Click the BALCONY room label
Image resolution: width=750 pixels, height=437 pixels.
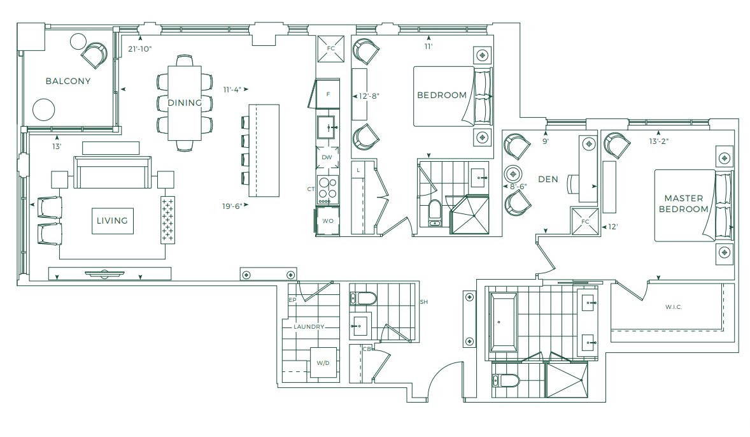point(68,81)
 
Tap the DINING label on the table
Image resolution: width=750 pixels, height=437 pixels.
point(185,103)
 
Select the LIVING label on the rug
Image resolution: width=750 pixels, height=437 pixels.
point(113,220)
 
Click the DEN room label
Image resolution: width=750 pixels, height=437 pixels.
point(548,179)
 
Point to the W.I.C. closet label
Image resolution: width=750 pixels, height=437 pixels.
point(674,307)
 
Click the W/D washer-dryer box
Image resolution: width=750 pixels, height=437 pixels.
point(323,363)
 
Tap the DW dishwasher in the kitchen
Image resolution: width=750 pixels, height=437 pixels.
point(327,157)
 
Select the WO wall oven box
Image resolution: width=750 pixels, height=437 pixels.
point(328,220)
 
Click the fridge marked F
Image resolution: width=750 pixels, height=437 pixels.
point(325,94)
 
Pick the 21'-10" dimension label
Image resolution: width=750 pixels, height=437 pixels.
point(139,48)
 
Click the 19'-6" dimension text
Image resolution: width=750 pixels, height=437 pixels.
point(232,206)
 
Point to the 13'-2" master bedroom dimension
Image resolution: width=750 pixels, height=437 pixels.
point(659,141)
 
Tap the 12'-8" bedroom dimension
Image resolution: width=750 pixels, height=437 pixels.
point(369,96)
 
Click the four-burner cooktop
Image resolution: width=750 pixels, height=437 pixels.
point(328,188)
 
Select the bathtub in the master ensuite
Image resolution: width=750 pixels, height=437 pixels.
point(503,322)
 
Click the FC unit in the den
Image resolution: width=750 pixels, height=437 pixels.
point(585,221)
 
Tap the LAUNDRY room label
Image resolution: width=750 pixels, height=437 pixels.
point(309,326)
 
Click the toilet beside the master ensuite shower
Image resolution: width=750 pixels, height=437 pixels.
point(506,381)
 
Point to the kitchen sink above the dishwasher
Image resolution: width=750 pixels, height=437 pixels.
point(328,127)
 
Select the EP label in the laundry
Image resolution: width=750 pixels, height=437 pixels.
point(293,300)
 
